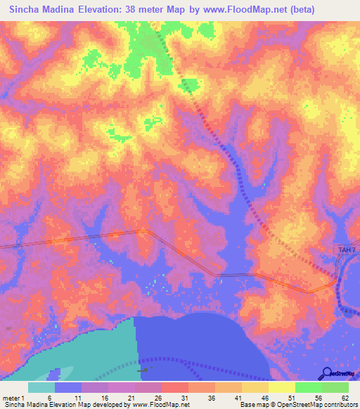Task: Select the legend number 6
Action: tap(49, 398)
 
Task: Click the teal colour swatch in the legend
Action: tap(41, 387)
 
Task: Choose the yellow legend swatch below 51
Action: tap(282, 387)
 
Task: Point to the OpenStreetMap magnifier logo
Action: tap(326, 373)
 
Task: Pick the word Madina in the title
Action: tap(56, 10)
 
